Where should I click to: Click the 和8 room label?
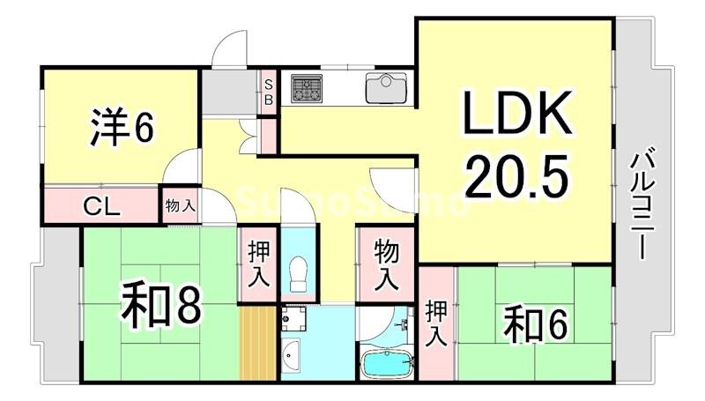pyautogui.click(x=162, y=305)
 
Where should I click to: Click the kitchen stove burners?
pyautogui.click(x=307, y=86)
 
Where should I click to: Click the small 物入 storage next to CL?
pyautogui.click(x=180, y=206)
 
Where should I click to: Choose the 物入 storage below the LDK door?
pyautogui.click(x=385, y=262)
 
